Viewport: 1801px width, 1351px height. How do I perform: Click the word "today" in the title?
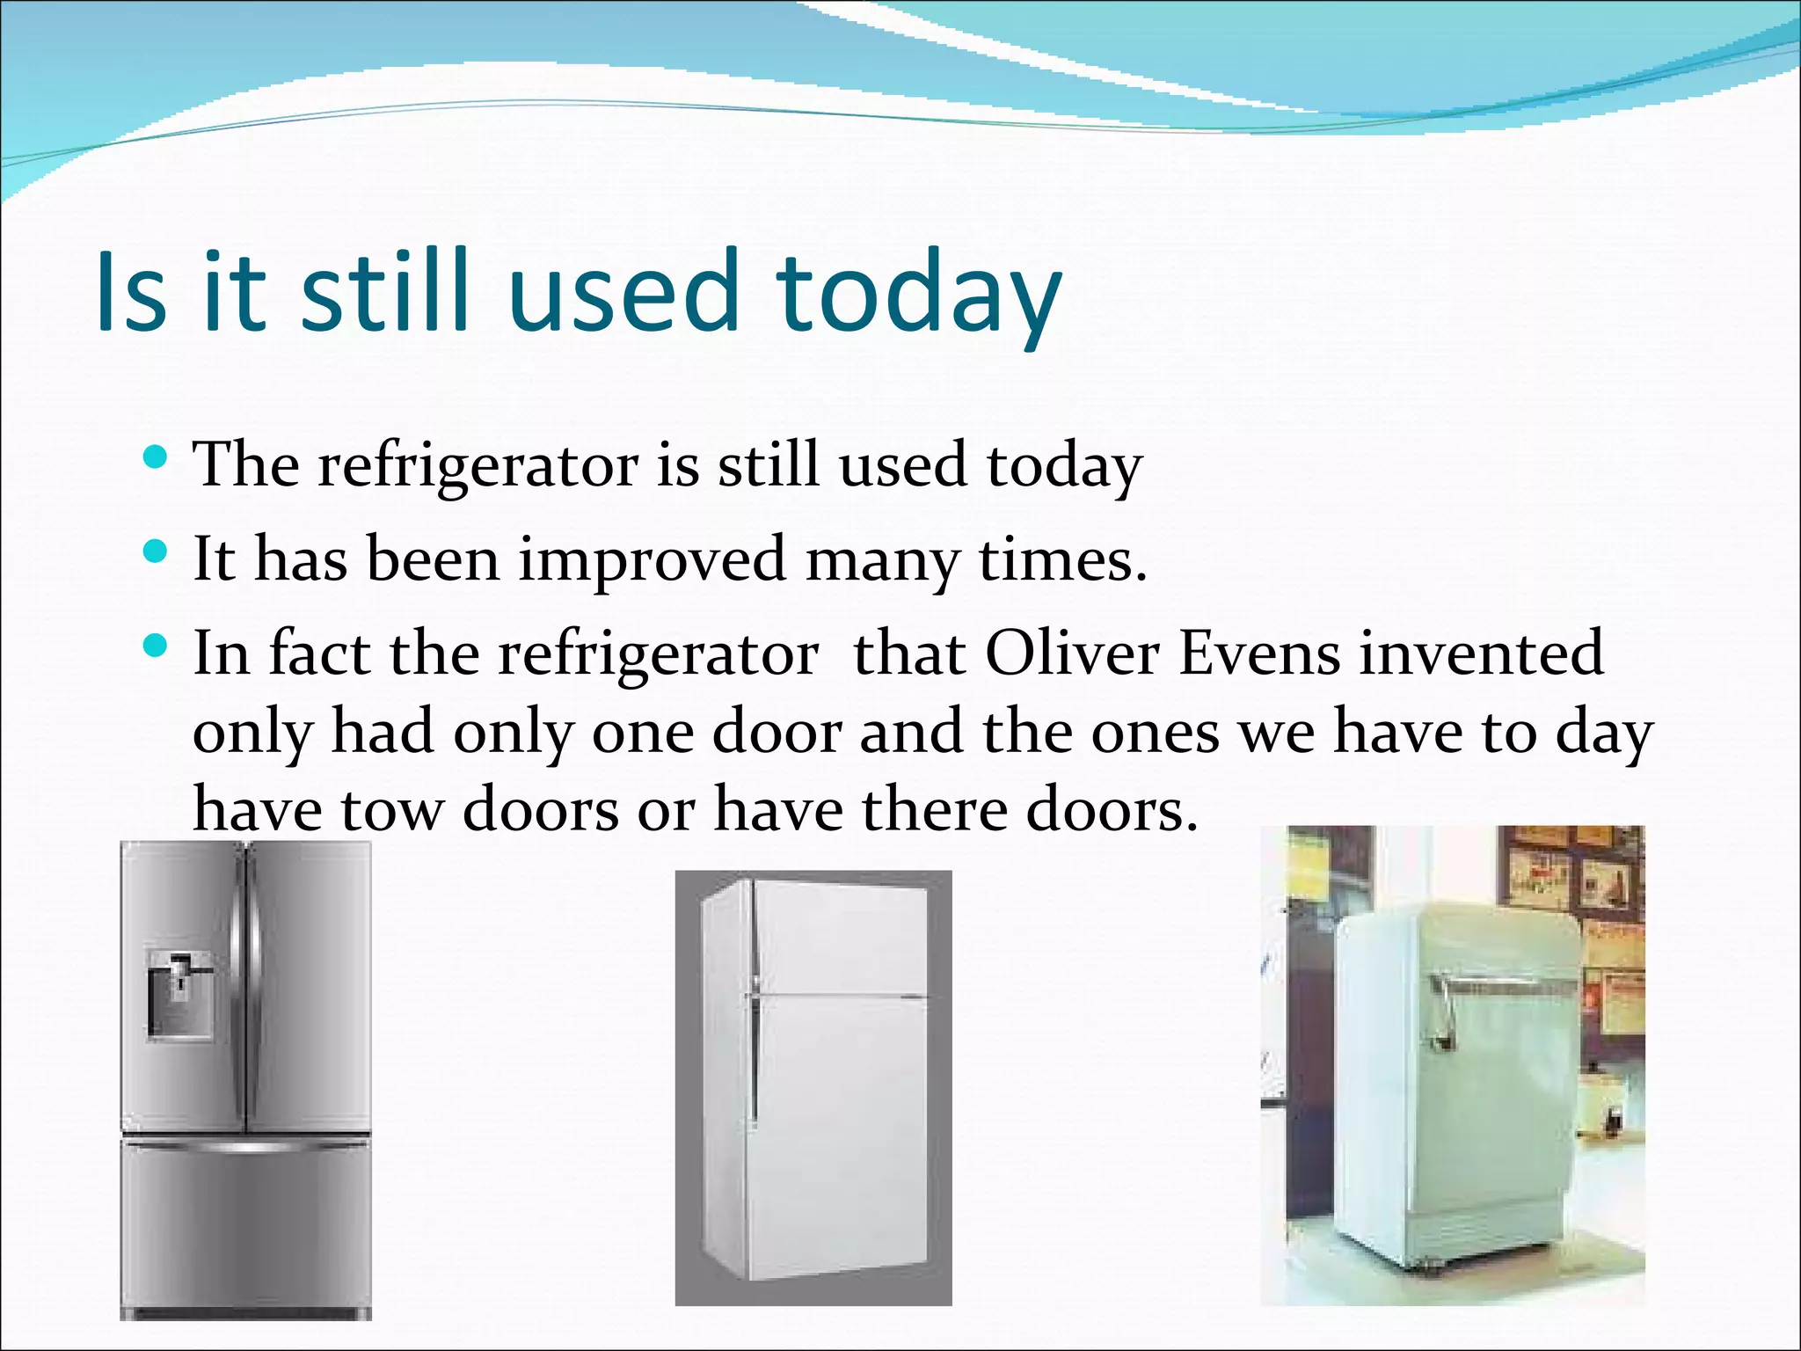(x=918, y=293)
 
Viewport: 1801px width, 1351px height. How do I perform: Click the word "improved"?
(x=652, y=561)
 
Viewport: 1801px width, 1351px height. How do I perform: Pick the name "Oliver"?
(x=1071, y=653)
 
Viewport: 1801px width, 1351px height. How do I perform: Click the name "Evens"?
(x=1258, y=653)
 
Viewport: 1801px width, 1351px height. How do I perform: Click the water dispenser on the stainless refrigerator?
(x=179, y=994)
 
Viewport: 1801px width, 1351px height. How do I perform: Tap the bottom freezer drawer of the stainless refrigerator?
(x=245, y=1231)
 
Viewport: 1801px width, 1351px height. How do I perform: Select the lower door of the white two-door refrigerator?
(x=840, y=1135)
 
